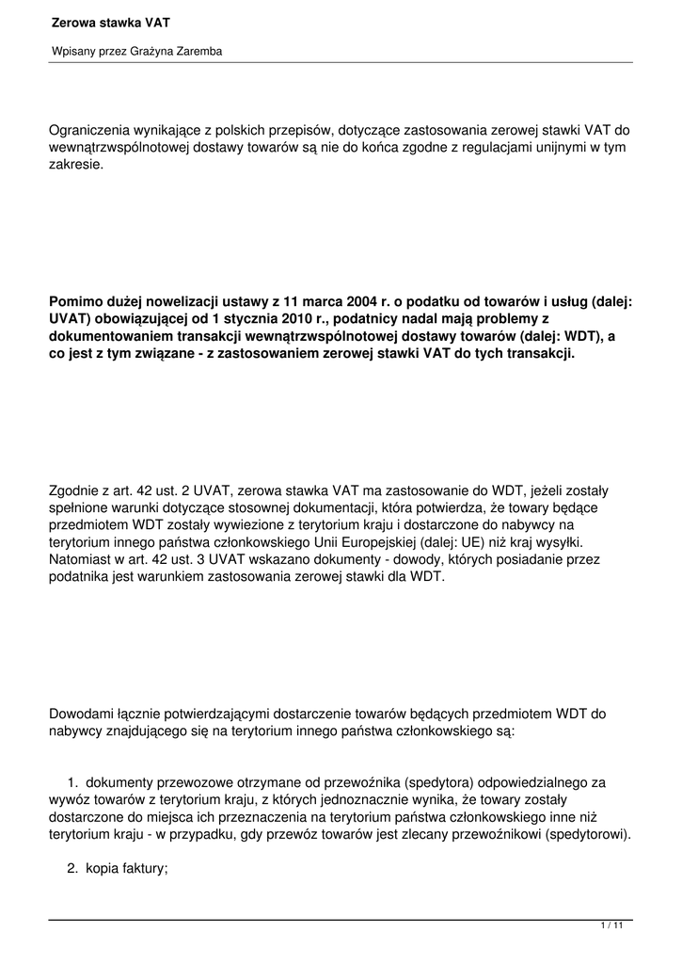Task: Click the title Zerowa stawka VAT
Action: tap(104, 21)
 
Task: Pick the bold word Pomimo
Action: tap(74, 302)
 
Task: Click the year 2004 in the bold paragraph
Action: tap(364, 302)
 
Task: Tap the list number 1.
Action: tap(71, 781)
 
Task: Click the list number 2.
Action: tap(71, 869)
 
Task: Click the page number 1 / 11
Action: tap(611, 926)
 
